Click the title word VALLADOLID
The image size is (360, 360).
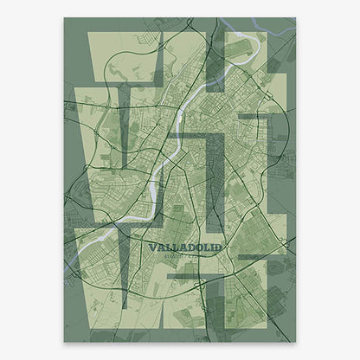click(184, 247)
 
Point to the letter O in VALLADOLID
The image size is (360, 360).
click(200, 247)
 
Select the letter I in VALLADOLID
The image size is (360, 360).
click(213, 247)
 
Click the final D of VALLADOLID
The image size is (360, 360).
click(218, 247)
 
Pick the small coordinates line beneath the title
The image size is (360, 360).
click(184, 256)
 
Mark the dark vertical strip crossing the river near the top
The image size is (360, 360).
click(215, 61)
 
